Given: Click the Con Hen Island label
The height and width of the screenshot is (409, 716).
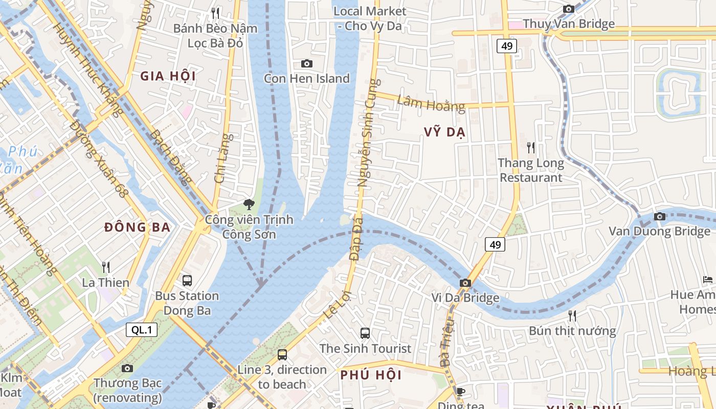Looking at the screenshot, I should click(x=306, y=78).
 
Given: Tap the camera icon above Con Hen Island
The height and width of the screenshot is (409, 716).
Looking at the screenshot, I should click(x=306, y=63).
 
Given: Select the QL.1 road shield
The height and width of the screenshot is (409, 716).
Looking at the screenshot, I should click(x=142, y=330).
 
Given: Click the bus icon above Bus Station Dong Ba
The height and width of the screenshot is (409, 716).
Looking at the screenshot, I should click(x=187, y=280).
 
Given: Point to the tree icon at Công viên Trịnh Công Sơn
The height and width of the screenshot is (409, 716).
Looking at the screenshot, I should click(x=249, y=204).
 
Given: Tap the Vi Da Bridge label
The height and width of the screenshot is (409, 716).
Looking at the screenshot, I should click(x=465, y=298).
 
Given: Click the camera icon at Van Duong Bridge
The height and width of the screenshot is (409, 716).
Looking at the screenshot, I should click(x=660, y=216).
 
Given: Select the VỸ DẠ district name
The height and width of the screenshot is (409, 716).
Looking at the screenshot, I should click(x=444, y=132).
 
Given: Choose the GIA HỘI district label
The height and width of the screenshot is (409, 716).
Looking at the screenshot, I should click(x=168, y=76).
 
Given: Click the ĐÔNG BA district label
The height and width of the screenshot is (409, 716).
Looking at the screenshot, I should click(x=137, y=228).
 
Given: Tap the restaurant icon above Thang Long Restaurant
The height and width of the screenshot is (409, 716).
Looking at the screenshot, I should click(x=531, y=148).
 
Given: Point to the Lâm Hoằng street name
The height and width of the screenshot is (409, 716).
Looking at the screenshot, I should click(x=431, y=104).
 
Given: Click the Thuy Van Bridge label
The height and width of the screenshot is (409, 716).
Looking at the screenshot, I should click(x=569, y=24).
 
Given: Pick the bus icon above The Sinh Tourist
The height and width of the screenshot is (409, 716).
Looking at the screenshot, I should click(x=365, y=333).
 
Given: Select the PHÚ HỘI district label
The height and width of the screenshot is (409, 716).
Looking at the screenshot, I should click(x=371, y=375).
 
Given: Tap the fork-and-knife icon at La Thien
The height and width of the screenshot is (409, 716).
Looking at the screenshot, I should click(x=106, y=267).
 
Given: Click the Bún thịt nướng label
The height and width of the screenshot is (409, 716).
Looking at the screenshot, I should click(x=572, y=331).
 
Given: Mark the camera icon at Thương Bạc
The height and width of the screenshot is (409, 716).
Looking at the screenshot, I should click(x=127, y=368).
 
